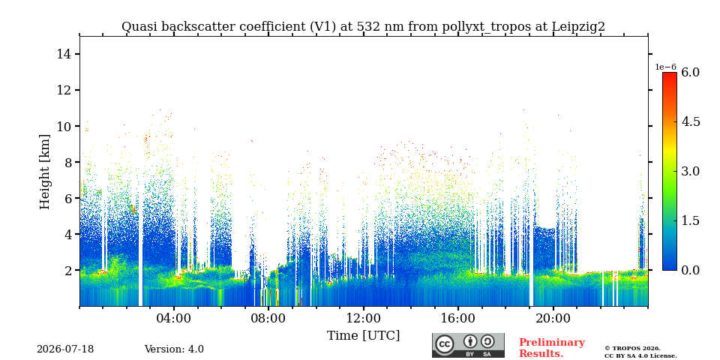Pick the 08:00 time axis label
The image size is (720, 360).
(269, 318)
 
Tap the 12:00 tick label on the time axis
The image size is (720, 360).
(364, 318)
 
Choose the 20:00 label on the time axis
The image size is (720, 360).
(553, 318)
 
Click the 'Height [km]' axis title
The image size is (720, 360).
(44, 172)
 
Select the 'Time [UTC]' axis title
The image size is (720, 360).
(363, 336)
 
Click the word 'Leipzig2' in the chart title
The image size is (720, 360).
(578, 27)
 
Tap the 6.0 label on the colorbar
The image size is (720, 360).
(690, 72)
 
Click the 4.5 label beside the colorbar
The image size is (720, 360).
(690, 121)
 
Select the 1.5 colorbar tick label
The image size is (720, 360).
(690, 220)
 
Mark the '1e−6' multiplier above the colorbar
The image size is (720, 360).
(665, 67)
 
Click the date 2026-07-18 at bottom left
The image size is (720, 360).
(65, 349)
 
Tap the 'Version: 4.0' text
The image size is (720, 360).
(174, 349)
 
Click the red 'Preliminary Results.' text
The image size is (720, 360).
(552, 348)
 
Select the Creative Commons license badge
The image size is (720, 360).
(468, 345)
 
